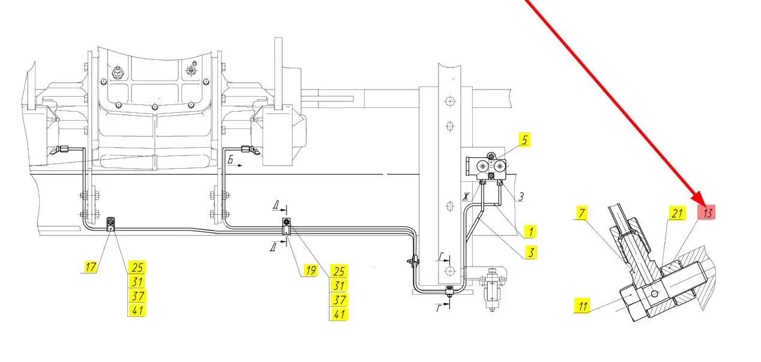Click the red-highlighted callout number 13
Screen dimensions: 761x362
point(706,213)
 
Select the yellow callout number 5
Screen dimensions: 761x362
point(524,140)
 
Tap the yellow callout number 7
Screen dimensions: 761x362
point(582,213)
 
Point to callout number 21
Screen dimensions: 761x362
point(677,213)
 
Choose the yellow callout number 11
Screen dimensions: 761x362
point(583,306)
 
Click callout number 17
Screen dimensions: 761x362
point(90,267)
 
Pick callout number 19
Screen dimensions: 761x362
point(310,270)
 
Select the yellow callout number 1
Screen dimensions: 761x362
point(530,232)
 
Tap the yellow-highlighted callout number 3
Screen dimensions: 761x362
point(530,252)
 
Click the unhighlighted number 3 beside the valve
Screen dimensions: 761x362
point(521,196)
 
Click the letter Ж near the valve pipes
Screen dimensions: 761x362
point(466,196)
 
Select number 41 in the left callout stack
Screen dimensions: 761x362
point(137,310)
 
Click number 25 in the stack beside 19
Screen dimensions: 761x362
point(339,271)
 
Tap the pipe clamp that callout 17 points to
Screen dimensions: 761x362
point(111,224)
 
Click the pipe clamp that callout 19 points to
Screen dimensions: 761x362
point(287,226)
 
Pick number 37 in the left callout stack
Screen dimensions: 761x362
point(137,296)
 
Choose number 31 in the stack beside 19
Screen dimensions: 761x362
point(339,286)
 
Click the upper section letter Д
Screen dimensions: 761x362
point(276,205)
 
